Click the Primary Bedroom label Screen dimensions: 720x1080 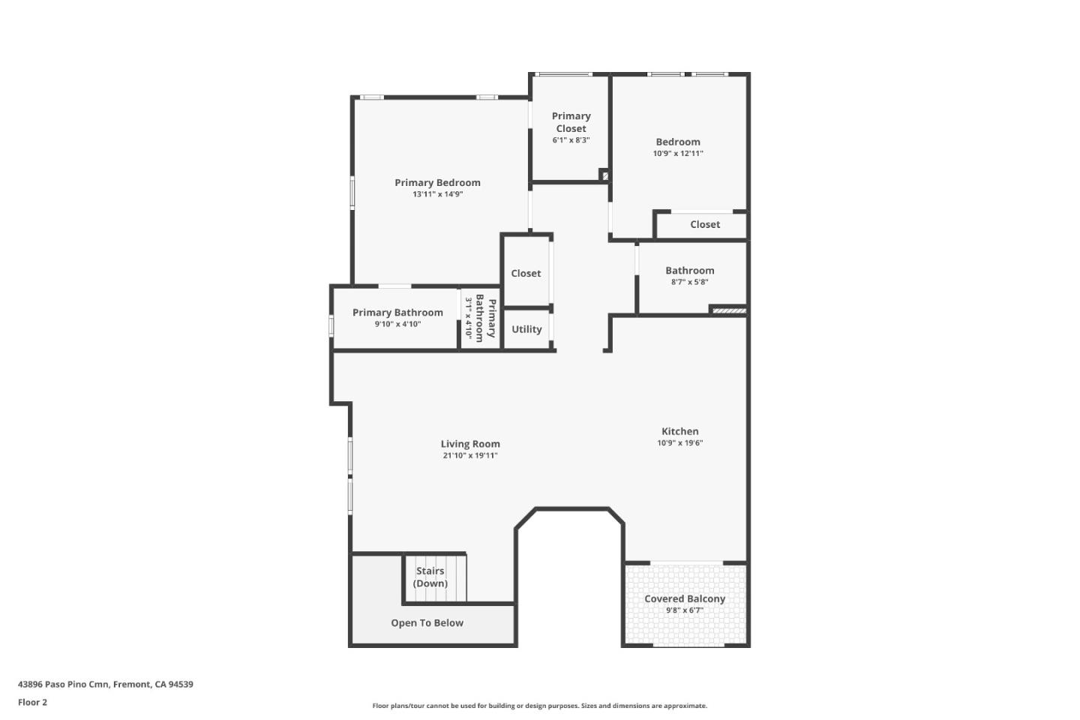pos(437,182)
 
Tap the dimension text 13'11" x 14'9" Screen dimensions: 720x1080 pos(437,194)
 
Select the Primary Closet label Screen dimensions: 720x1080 pos(571,122)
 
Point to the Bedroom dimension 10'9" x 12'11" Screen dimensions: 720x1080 pos(677,154)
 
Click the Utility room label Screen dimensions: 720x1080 pos(526,329)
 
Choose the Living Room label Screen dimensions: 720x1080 pos(470,444)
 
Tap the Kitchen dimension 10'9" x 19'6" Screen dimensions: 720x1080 pos(679,443)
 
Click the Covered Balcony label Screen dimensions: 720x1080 pos(685,598)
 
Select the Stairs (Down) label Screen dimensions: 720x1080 pos(430,577)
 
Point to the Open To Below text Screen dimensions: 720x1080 pos(427,622)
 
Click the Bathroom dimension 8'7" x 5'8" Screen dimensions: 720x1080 pos(689,283)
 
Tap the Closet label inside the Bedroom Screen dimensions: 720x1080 pos(705,224)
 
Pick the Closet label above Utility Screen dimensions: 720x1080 pos(526,274)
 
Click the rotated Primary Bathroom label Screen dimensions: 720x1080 pos(486,319)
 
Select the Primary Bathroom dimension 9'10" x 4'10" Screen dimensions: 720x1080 pos(397,325)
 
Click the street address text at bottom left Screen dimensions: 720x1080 pos(106,684)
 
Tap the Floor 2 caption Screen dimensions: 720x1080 pos(32,703)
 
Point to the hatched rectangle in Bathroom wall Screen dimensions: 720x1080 pos(728,310)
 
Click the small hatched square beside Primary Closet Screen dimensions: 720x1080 pos(604,176)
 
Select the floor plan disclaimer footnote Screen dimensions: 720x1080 pos(539,706)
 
